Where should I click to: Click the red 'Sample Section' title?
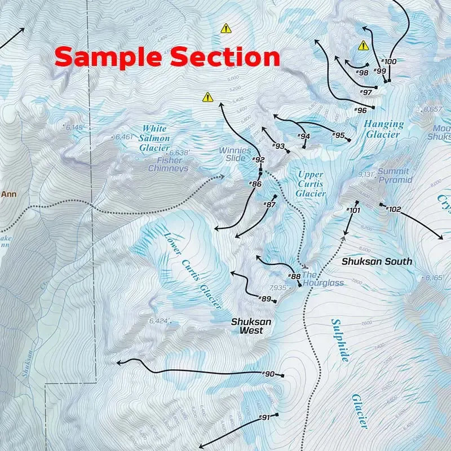[x=167, y=57]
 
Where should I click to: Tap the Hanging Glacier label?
[x=384, y=129]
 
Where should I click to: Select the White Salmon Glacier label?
[x=154, y=138]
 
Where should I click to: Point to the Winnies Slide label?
[x=235, y=154]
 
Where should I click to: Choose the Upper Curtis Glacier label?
[x=311, y=184]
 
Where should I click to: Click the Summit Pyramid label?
[x=395, y=175]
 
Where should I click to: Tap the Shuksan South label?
[x=377, y=262]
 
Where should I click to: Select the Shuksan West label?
[x=251, y=326]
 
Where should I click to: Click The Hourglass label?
[x=322, y=278]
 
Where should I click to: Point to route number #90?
[x=269, y=374]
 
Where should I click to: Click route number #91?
[x=264, y=417]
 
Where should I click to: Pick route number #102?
[x=393, y=210]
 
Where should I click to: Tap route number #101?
[x=353, y=210]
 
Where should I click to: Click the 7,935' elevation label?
[x=280, y=288]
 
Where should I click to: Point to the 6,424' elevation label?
[x=159, y=321]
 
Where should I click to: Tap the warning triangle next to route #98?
[x=364, y=46]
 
